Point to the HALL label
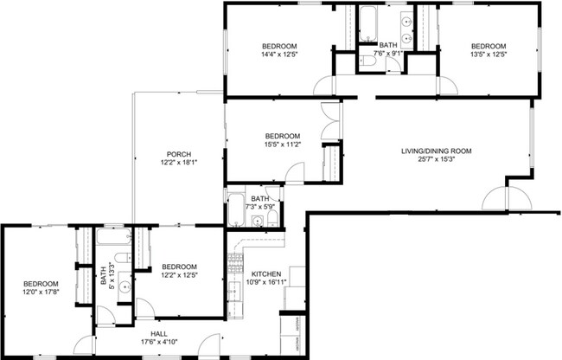(159, 333)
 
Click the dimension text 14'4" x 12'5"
(280, 55)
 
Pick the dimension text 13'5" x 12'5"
(488, 55)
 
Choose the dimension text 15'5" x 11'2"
(282, 145)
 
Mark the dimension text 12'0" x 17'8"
(41, 293)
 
